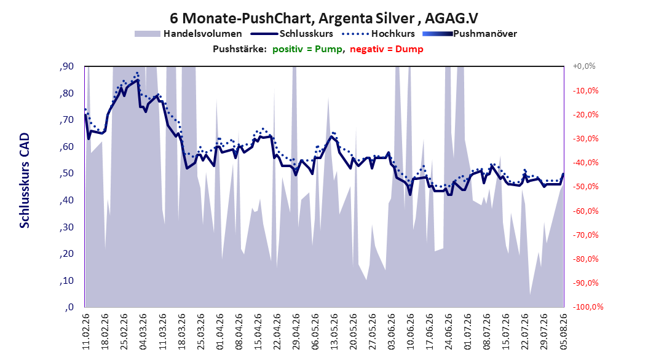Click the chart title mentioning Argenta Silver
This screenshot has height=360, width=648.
(x=324, y=18)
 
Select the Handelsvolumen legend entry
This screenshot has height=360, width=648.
(x=188, y=34)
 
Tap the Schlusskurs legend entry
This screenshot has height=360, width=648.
(x=292, y=34)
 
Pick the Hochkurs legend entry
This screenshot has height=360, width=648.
(x=377, y=34)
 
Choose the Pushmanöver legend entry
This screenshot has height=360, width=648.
(x=470, y=34)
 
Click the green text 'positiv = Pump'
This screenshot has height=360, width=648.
(x=307, y=49)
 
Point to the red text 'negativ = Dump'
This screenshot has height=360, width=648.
(x=387, y=49)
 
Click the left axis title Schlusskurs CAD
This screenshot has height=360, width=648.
(x=25, y=181)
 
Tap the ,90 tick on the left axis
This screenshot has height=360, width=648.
(x=66, y=66)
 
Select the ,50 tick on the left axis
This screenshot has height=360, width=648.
(x=66, y=173)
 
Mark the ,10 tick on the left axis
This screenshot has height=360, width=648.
(x=66, y=281)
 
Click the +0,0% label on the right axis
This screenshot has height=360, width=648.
(x=584, y=66)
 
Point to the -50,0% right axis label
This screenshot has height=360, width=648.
(x=585, y=187)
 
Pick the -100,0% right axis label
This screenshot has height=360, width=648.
(x=588, y=307)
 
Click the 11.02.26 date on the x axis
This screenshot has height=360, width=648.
(x=86, y=332)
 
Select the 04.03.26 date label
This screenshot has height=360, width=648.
(x=143, y=332)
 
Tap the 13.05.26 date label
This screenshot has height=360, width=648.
(x=334, y=332)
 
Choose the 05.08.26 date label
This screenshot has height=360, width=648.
(x=563, y=332)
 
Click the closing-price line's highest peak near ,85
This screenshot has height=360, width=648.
(x=138, y=80)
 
